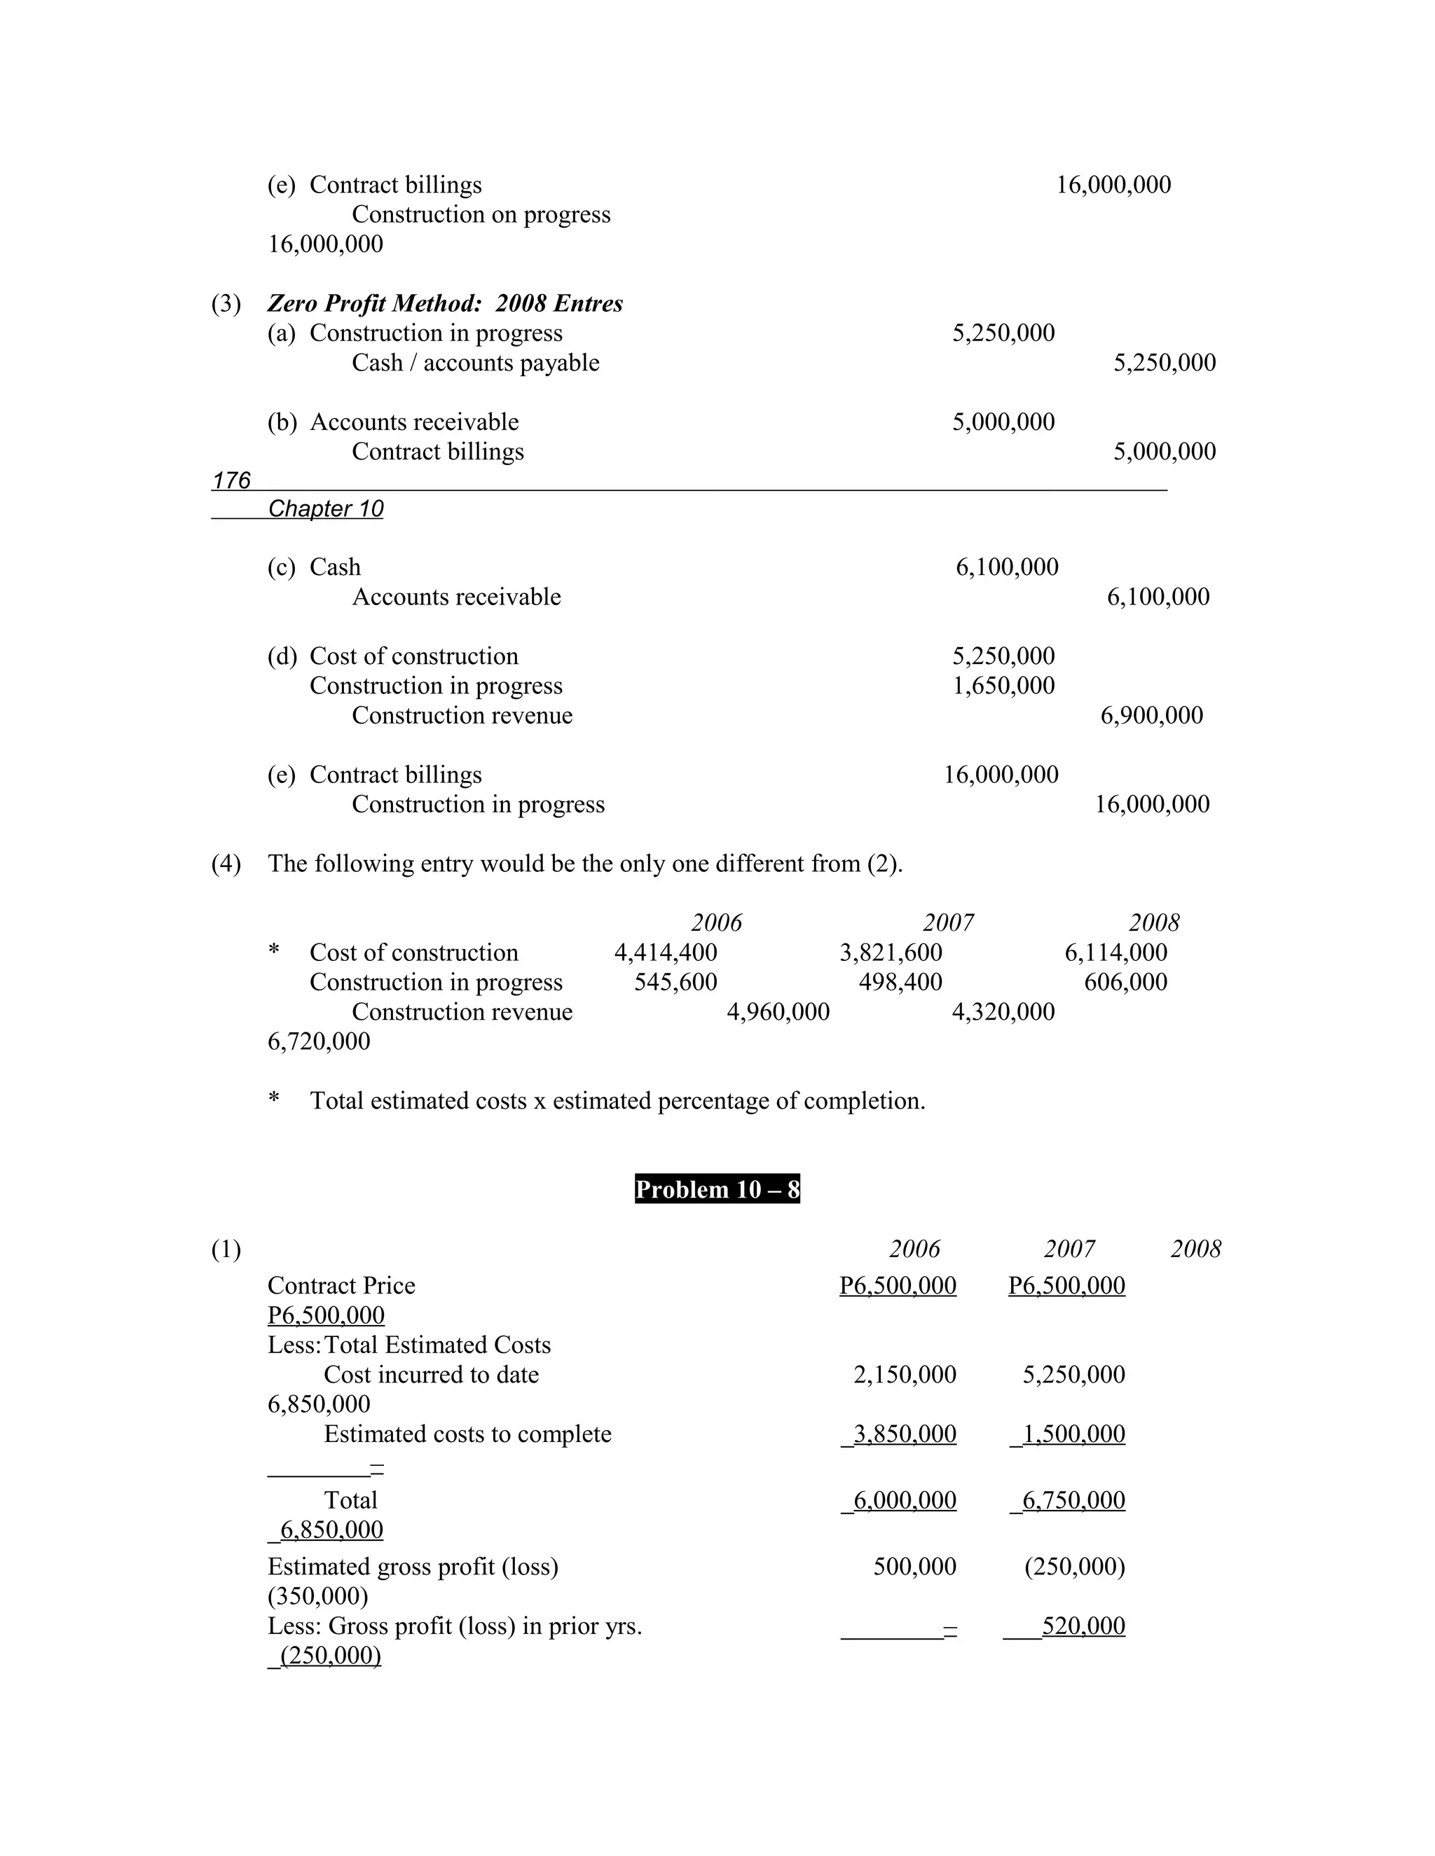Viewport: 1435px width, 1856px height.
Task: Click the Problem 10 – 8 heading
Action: point(717,1189)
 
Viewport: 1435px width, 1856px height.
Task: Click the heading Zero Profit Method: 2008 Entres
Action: point(445,303)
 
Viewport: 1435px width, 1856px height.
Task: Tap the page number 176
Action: point(231,481)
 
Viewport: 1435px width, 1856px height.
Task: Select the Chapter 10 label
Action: point(326,509)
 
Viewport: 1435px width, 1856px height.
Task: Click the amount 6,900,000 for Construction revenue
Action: point(1151,716)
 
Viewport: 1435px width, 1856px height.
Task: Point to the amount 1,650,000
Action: point(1003,686)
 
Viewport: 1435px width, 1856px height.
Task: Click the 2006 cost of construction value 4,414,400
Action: point(666,953)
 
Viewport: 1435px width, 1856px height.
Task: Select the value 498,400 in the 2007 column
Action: point(900,983)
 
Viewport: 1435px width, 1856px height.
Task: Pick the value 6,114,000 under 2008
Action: point(1115,953)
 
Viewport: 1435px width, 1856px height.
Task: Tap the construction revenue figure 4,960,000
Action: point(778,1012)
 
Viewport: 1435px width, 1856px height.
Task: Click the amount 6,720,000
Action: point(319,1042)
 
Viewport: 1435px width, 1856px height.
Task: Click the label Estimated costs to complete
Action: point(467,1434)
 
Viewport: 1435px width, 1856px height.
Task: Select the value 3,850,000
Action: point(904,1434)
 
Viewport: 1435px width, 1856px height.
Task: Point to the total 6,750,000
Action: point(1073,1501)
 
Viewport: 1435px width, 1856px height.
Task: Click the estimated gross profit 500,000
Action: point(914,1567)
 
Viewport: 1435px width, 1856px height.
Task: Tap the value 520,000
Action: point(1083,1626)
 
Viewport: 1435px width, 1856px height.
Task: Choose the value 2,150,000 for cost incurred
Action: point(905,1375)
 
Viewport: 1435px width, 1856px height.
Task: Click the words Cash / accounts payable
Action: point(475,363)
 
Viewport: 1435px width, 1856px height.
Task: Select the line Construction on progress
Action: point(481,215)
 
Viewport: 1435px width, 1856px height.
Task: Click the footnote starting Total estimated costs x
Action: point(617,1102)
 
